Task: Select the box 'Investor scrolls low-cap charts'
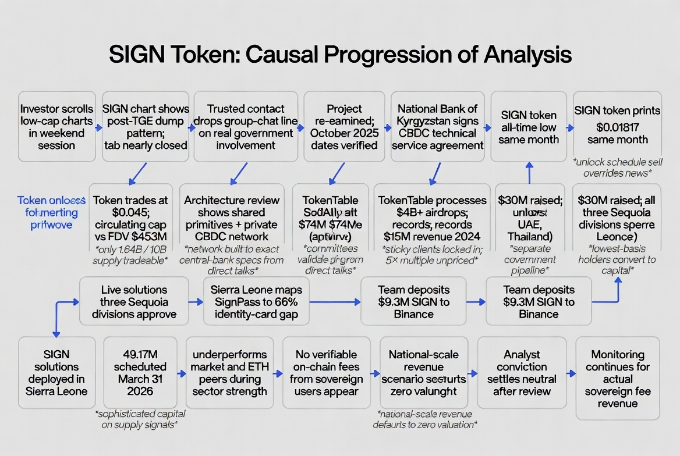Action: click(56, 126)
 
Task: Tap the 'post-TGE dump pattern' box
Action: click(146, 126)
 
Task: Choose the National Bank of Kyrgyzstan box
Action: click(437, 126)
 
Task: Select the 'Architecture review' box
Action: click(232, 218)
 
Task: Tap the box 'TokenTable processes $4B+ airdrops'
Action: click(432, 218)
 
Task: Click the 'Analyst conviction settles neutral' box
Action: click(522, 373)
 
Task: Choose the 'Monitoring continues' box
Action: click(618, 378)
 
